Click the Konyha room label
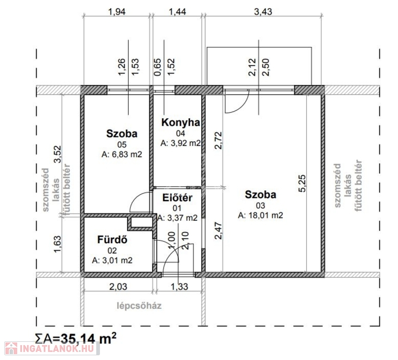click(x=181, y=122)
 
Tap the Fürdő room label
click(x=112, y=240)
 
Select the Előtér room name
click(x=177, y=198)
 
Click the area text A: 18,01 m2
click(x=260, y=215)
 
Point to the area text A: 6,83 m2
click(x=122, y=154)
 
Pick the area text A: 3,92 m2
click(x=181, y=143)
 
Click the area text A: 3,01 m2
click(x=112, y=260)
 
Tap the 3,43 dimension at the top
click(x=263, y=12)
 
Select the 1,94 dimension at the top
click(x=116, y=12)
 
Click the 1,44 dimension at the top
click(x=177, y=12)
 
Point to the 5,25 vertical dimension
click(x=302, y=184)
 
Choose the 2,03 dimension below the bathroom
click(x=118, y=286)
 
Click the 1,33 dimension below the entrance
click(x=179, y=286)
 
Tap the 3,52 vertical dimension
click(x=57, y=154)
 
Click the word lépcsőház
click(x=139, y=306)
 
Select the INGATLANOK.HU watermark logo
click(x=52, y=348)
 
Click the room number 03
click(x=260, y=205)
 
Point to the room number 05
click(x=122, y=144)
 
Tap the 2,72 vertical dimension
click(x=218, y=141)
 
